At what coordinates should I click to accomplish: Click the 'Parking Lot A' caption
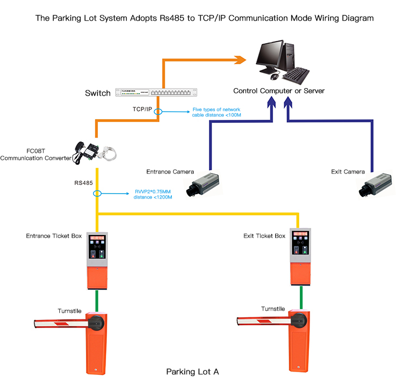192,372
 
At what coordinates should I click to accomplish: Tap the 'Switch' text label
98,93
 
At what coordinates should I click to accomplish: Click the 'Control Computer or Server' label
279,91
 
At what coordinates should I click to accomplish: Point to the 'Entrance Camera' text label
170,172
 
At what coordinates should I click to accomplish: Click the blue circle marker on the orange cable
158,112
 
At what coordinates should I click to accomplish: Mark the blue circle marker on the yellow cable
97,193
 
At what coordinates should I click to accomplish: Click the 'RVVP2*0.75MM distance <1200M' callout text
153,194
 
